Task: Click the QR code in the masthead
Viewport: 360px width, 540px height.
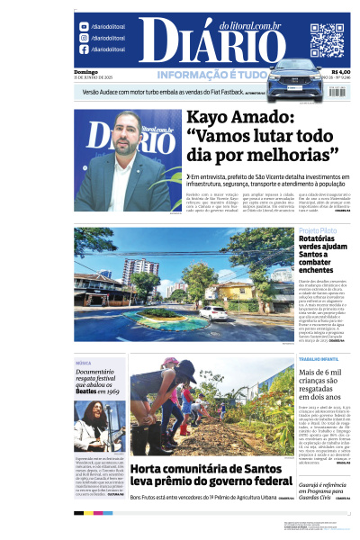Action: click(328, 40)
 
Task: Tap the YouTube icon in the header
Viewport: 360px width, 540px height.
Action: click(84, 27)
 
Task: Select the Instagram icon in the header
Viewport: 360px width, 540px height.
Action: click(84, 38)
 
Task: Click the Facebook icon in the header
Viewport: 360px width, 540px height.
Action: click(84, 49)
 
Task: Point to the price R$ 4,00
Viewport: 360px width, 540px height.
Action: click(340, 73)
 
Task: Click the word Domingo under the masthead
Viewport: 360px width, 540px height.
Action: click(85, 72)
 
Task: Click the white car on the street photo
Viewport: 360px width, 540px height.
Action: click(214, 312)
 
